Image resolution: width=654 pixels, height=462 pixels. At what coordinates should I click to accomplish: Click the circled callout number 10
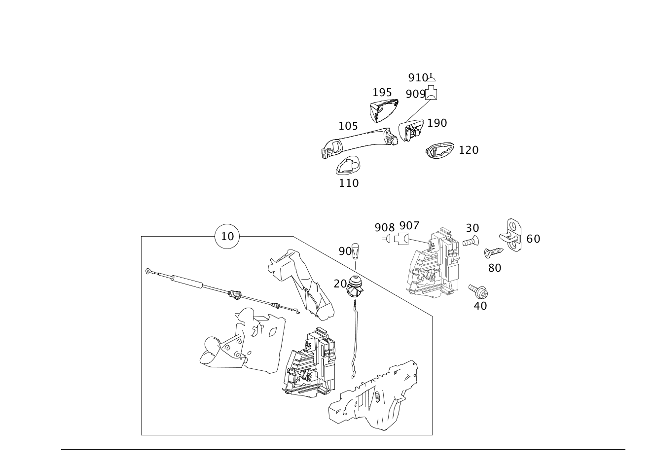tap(227, 237)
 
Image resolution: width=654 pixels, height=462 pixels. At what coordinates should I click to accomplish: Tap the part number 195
tap(382, 92)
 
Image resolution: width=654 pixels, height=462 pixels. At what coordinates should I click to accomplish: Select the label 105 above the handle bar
tap(348, 126)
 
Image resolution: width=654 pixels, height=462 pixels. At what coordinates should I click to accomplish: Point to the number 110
tap(349, 183)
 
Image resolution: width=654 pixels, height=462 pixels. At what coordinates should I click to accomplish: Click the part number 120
tap(468, 150)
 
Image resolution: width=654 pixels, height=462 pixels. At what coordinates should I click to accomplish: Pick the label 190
tap(436, 123)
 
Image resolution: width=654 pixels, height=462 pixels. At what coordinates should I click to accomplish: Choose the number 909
tap(415, 93)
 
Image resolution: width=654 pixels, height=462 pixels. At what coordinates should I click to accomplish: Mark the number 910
tap(418, 77)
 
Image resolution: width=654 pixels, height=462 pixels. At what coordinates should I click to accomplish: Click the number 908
tap(384, 227)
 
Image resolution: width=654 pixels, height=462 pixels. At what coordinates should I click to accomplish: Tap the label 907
tap(409, 226)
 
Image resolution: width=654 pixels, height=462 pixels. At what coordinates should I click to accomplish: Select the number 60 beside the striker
tap(533, 239)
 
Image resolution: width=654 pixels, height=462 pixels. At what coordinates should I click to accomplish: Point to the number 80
tap(494, 268)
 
